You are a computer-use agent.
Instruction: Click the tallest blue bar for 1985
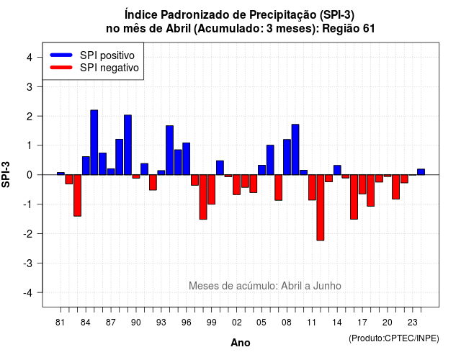pyautogui.click(x=94, y=143)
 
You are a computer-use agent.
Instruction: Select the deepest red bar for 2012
pyautogui.click(x=321, y=207)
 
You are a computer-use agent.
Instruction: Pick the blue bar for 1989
pyautogui.click(x=128, y=145)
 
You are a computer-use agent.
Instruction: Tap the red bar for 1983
pyautogui.click(x=77, y=195)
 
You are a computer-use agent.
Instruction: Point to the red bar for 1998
pyautogui.click(x=203, y=197)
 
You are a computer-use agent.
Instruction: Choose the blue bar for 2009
pyautogui.click(x=295, y=150)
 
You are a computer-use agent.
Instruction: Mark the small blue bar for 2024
pyautogui.click(x=421, y=172)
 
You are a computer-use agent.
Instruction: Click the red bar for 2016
pyautogui.click(x=354, y=197)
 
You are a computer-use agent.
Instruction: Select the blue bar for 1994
pyautogui.click(x=170, y=150)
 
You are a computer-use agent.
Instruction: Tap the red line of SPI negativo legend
pyautogui.click(x=61, y=68)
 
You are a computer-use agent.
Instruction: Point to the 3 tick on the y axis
pyautogui.click(x=40, y=86)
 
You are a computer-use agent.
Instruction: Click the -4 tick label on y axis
pyautogui.click(x=28, y=293)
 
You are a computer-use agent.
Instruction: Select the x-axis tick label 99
pyautogui.click(x=211, y=323)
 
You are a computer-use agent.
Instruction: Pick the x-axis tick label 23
pyautogui.click(x=413, y=323)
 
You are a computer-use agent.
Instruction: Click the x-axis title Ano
pyautogui.click(x=241, y=343)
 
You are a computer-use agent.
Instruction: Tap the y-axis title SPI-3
pyautogui.click(x=6, y=174)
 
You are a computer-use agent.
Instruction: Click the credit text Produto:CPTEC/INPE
pyautogui.click(x=394, y=338)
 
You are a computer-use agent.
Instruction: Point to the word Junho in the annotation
pyautogui.click(x=327, y=286)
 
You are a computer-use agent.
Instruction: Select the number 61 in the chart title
pyautogui.click(x=369, y=29)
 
